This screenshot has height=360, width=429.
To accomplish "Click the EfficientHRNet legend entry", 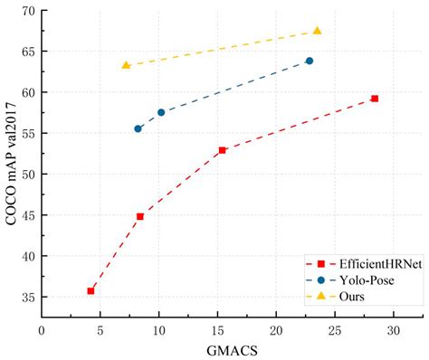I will coord(367,263).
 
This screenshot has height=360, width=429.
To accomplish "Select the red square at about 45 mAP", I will coord(139,216).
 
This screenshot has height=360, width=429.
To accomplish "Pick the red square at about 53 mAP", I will coord(222,150).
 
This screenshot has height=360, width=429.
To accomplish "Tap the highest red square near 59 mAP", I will coord(374,99).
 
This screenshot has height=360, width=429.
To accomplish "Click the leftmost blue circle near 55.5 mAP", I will coord(138,128).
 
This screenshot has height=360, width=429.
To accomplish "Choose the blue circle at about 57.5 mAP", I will coord(161,112).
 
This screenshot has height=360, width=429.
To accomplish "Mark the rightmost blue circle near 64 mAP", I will coord(310,61).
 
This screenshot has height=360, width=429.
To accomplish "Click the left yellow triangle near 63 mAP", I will coord(126,65).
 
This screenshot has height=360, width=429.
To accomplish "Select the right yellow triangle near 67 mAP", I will coord(317,30).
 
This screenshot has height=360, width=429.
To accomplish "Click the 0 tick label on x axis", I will coord(42,330).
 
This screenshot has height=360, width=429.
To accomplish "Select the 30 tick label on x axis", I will coord(393,330).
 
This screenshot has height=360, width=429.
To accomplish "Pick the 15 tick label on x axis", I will coord(217,330).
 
